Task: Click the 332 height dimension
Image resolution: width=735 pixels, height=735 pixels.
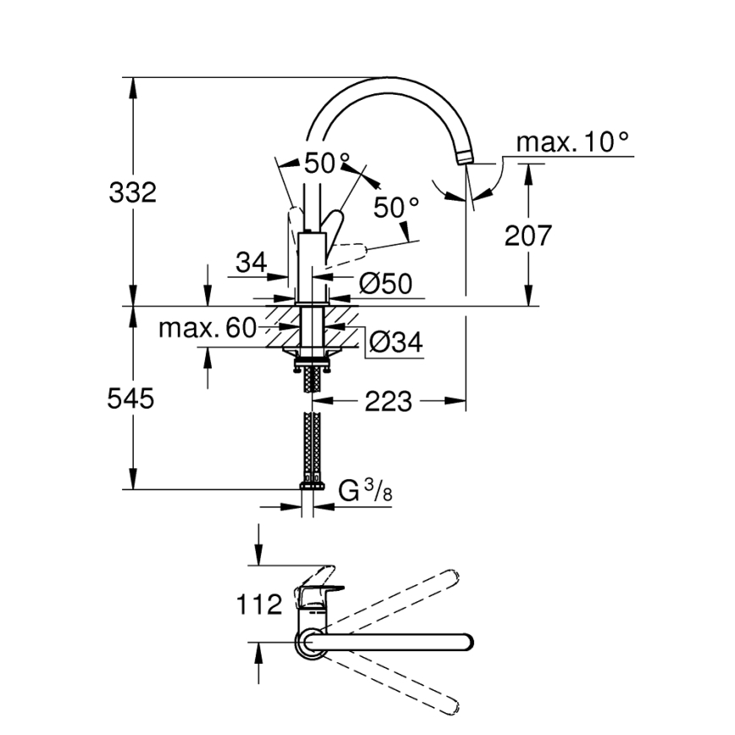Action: [x=133, y=193]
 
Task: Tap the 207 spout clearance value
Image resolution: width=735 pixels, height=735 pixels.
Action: [x=528, y=235]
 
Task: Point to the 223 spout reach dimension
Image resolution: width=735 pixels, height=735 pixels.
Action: [x=388, y=401]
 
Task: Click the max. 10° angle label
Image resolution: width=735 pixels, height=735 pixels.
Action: [x=573, y=141]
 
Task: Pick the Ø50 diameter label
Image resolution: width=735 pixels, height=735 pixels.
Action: [x=385, y=285]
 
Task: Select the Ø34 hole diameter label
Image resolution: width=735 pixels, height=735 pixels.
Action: [x=395, y=342]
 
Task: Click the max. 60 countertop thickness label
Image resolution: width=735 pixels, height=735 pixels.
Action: [x=207, y=329]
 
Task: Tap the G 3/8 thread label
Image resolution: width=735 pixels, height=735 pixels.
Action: [x=365, y=491]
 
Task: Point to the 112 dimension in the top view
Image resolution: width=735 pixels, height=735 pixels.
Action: [x=258, y=605]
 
